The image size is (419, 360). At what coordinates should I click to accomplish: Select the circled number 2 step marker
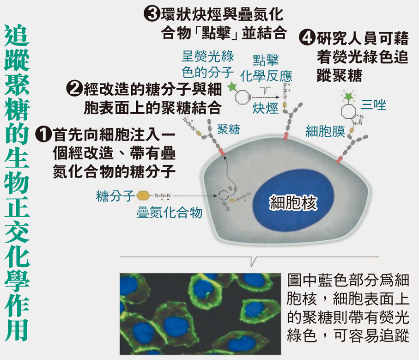pyautogui.click(x=74, y=87)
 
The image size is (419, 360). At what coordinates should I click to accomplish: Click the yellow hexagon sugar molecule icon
pyautogui.click(x=142, y=195)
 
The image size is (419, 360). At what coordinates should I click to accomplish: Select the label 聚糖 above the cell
pyautogui.click(x=229, y=129)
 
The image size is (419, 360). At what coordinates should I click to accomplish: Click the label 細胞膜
pyautogui.click(x=325, y=132)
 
